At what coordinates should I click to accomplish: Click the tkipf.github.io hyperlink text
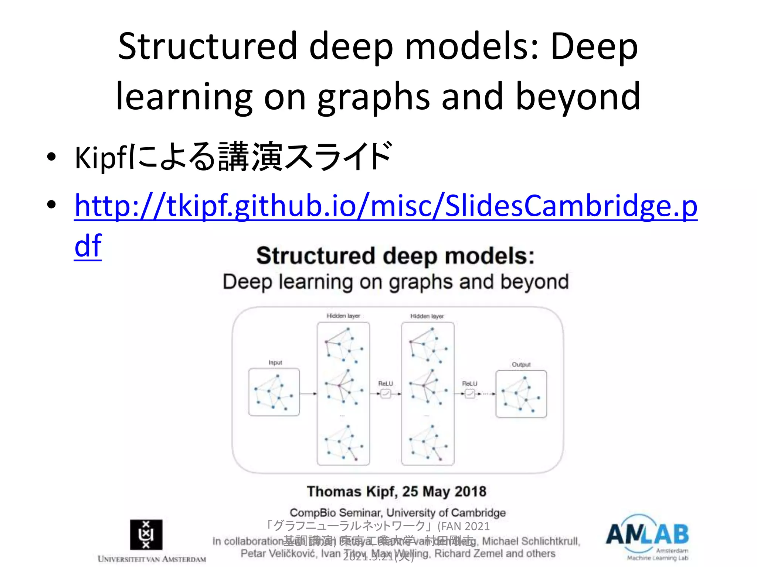[386, 206]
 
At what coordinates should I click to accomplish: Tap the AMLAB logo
[647, 535]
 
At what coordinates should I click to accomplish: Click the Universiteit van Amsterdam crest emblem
[146, 535]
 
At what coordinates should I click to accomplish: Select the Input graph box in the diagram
[274, 392]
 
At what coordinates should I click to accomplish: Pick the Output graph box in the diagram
[521, 394]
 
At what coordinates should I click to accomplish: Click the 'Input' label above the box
[275, 362]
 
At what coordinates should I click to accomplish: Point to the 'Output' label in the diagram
[521, 364]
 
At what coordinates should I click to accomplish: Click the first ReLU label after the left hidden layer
[386, 384]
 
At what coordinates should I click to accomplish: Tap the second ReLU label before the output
[469, 384]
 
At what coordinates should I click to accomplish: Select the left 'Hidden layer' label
[343, 316]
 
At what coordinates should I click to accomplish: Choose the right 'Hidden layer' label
[427, 316]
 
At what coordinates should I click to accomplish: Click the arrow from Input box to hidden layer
[308, 394]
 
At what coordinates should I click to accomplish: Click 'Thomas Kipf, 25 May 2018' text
[396, 492]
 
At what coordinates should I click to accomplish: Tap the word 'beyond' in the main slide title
[578, 96]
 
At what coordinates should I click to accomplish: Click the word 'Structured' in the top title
[207, 46]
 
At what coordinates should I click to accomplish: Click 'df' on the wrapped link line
[88, 246]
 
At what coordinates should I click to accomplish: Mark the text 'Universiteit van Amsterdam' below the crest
[152, 559]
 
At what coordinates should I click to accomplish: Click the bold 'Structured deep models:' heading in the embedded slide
[395, 256]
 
